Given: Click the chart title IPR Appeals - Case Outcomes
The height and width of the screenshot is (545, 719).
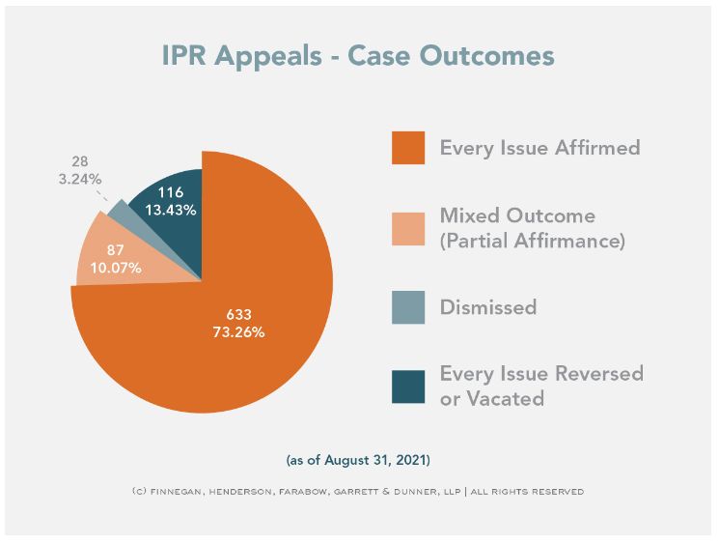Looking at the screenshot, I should click(358, 56).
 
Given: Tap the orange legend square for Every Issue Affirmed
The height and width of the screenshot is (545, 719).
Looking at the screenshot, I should click(408, 148).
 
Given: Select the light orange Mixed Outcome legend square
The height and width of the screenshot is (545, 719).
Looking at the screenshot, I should click(408, 228).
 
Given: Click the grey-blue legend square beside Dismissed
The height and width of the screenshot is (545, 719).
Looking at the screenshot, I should click(408, 307).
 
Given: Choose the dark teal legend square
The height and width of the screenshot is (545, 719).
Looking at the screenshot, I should click(408, 386).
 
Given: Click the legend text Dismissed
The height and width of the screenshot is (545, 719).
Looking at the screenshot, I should click(488, 308).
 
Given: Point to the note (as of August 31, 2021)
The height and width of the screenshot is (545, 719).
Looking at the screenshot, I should click(358, 459).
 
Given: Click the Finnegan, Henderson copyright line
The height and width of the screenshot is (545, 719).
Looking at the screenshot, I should click(358, 491).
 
